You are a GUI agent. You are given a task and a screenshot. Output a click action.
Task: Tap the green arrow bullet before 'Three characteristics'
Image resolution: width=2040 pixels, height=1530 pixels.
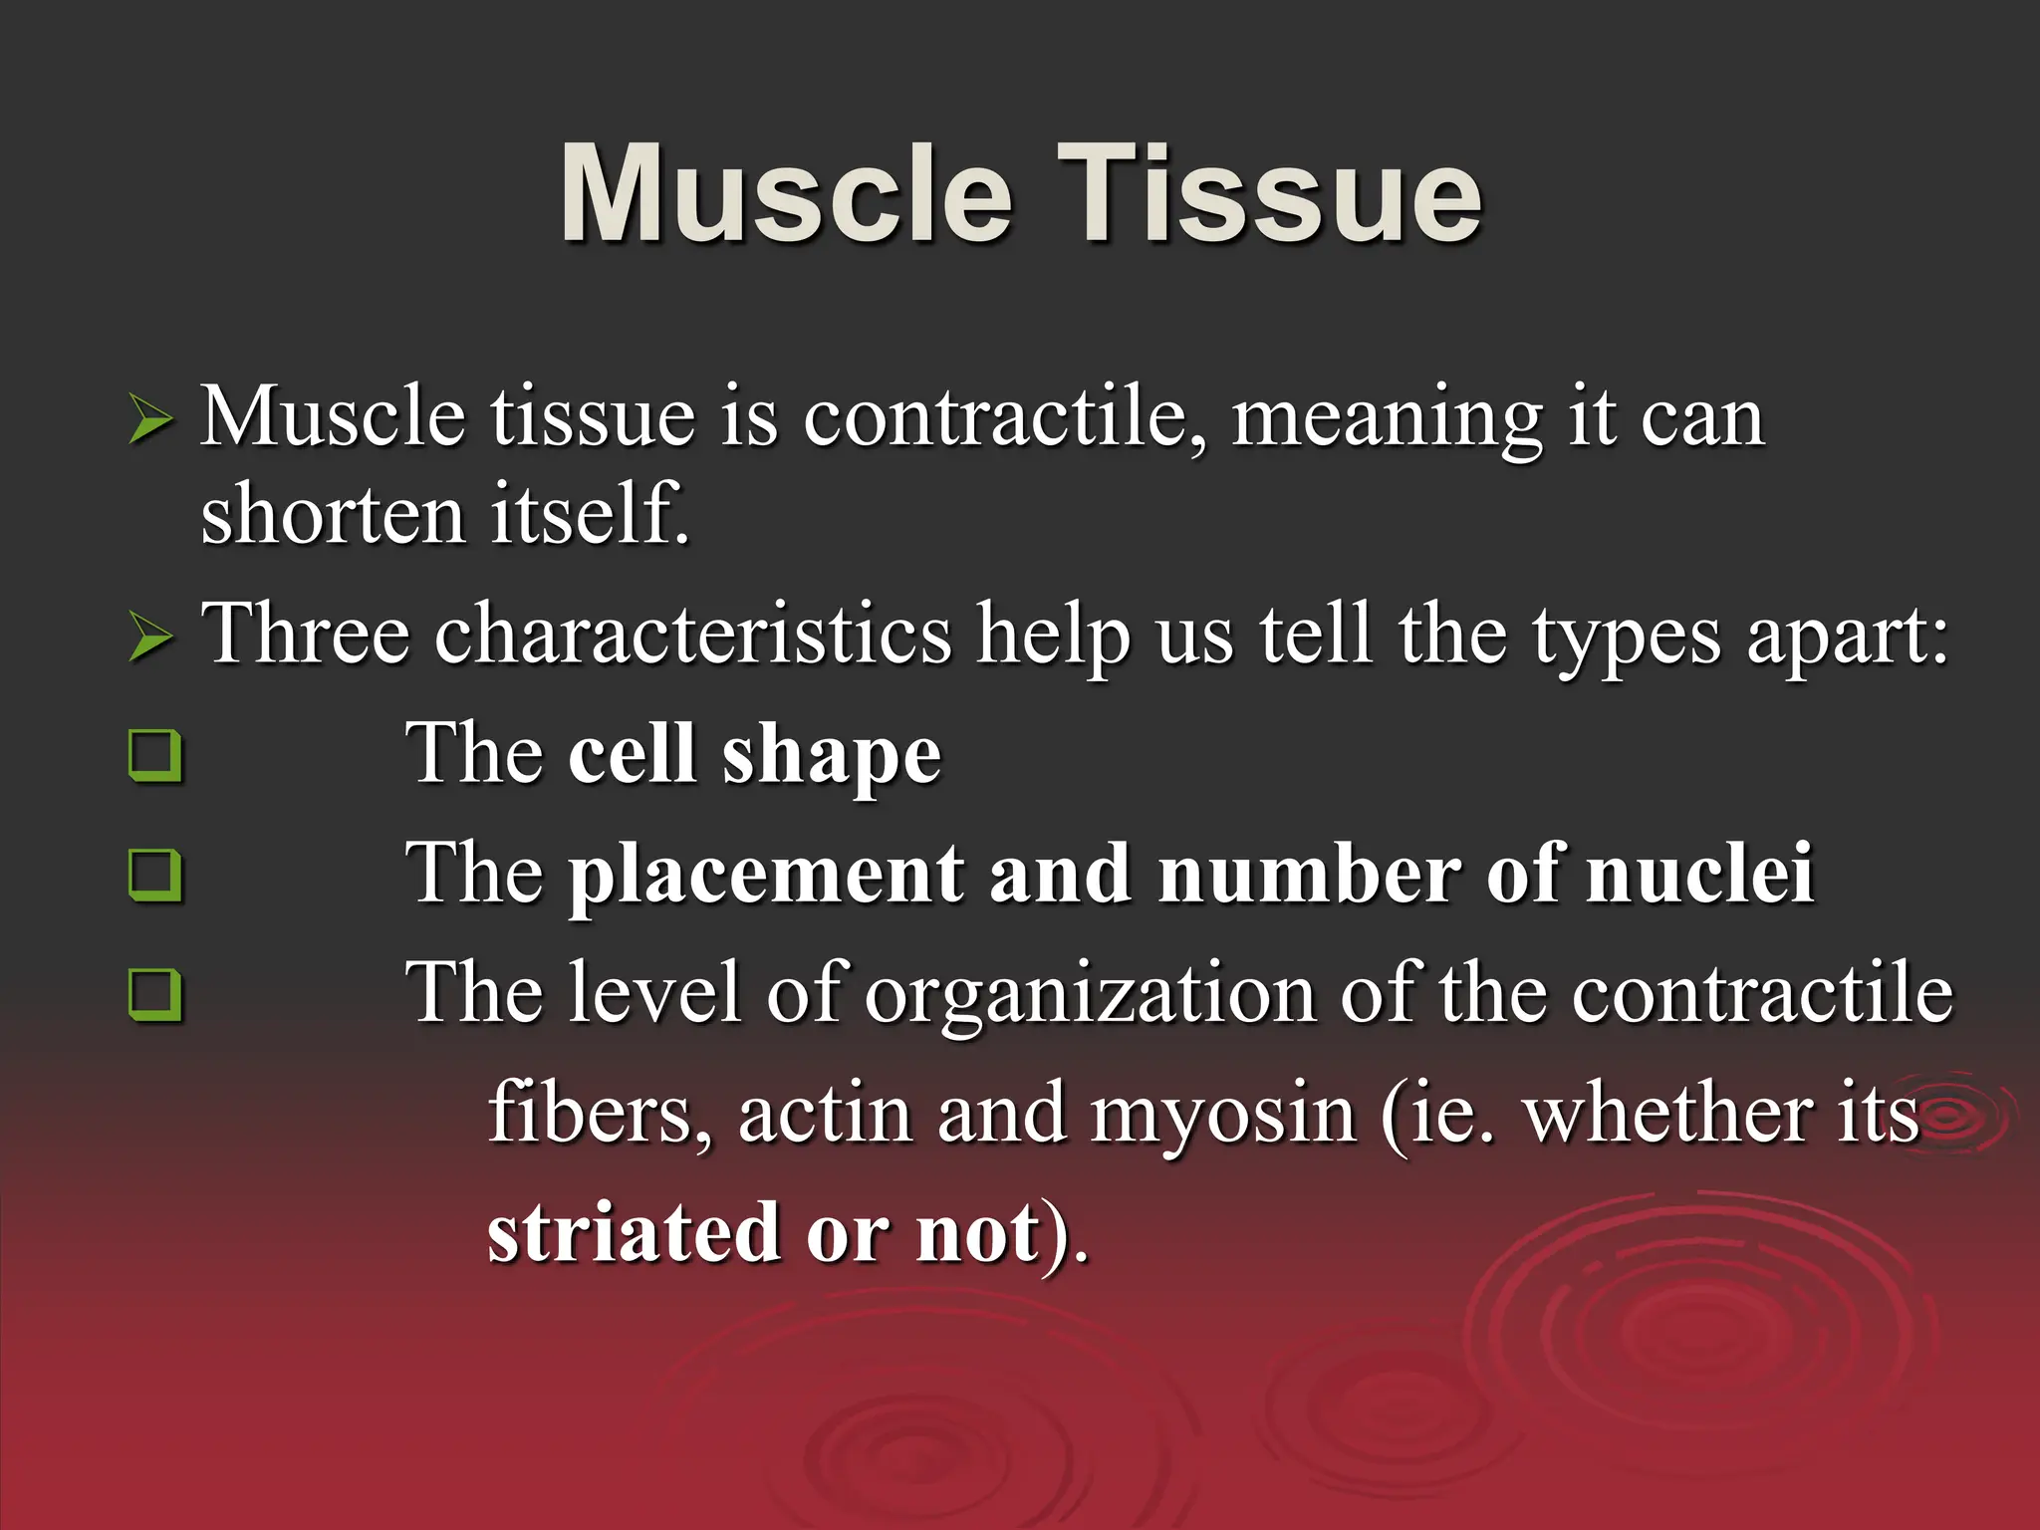[x=150, y=638]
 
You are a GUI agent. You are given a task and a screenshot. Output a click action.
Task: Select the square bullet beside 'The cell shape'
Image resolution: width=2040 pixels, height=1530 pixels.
[x=155, y=756]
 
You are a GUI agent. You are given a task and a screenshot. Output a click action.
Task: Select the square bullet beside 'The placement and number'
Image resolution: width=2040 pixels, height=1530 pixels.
[x=155, y=875]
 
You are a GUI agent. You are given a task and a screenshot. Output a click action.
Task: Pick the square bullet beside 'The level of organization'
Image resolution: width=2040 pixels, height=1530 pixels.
[x=155, y=994]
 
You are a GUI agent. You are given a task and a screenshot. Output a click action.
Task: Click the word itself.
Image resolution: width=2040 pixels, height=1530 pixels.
[x=589, y=516]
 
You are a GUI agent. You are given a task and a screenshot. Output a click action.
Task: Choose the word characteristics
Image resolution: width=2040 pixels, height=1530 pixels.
[x=692, y=636]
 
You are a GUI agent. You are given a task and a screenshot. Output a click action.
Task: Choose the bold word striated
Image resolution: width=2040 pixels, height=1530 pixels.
[x=634, y=1233]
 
